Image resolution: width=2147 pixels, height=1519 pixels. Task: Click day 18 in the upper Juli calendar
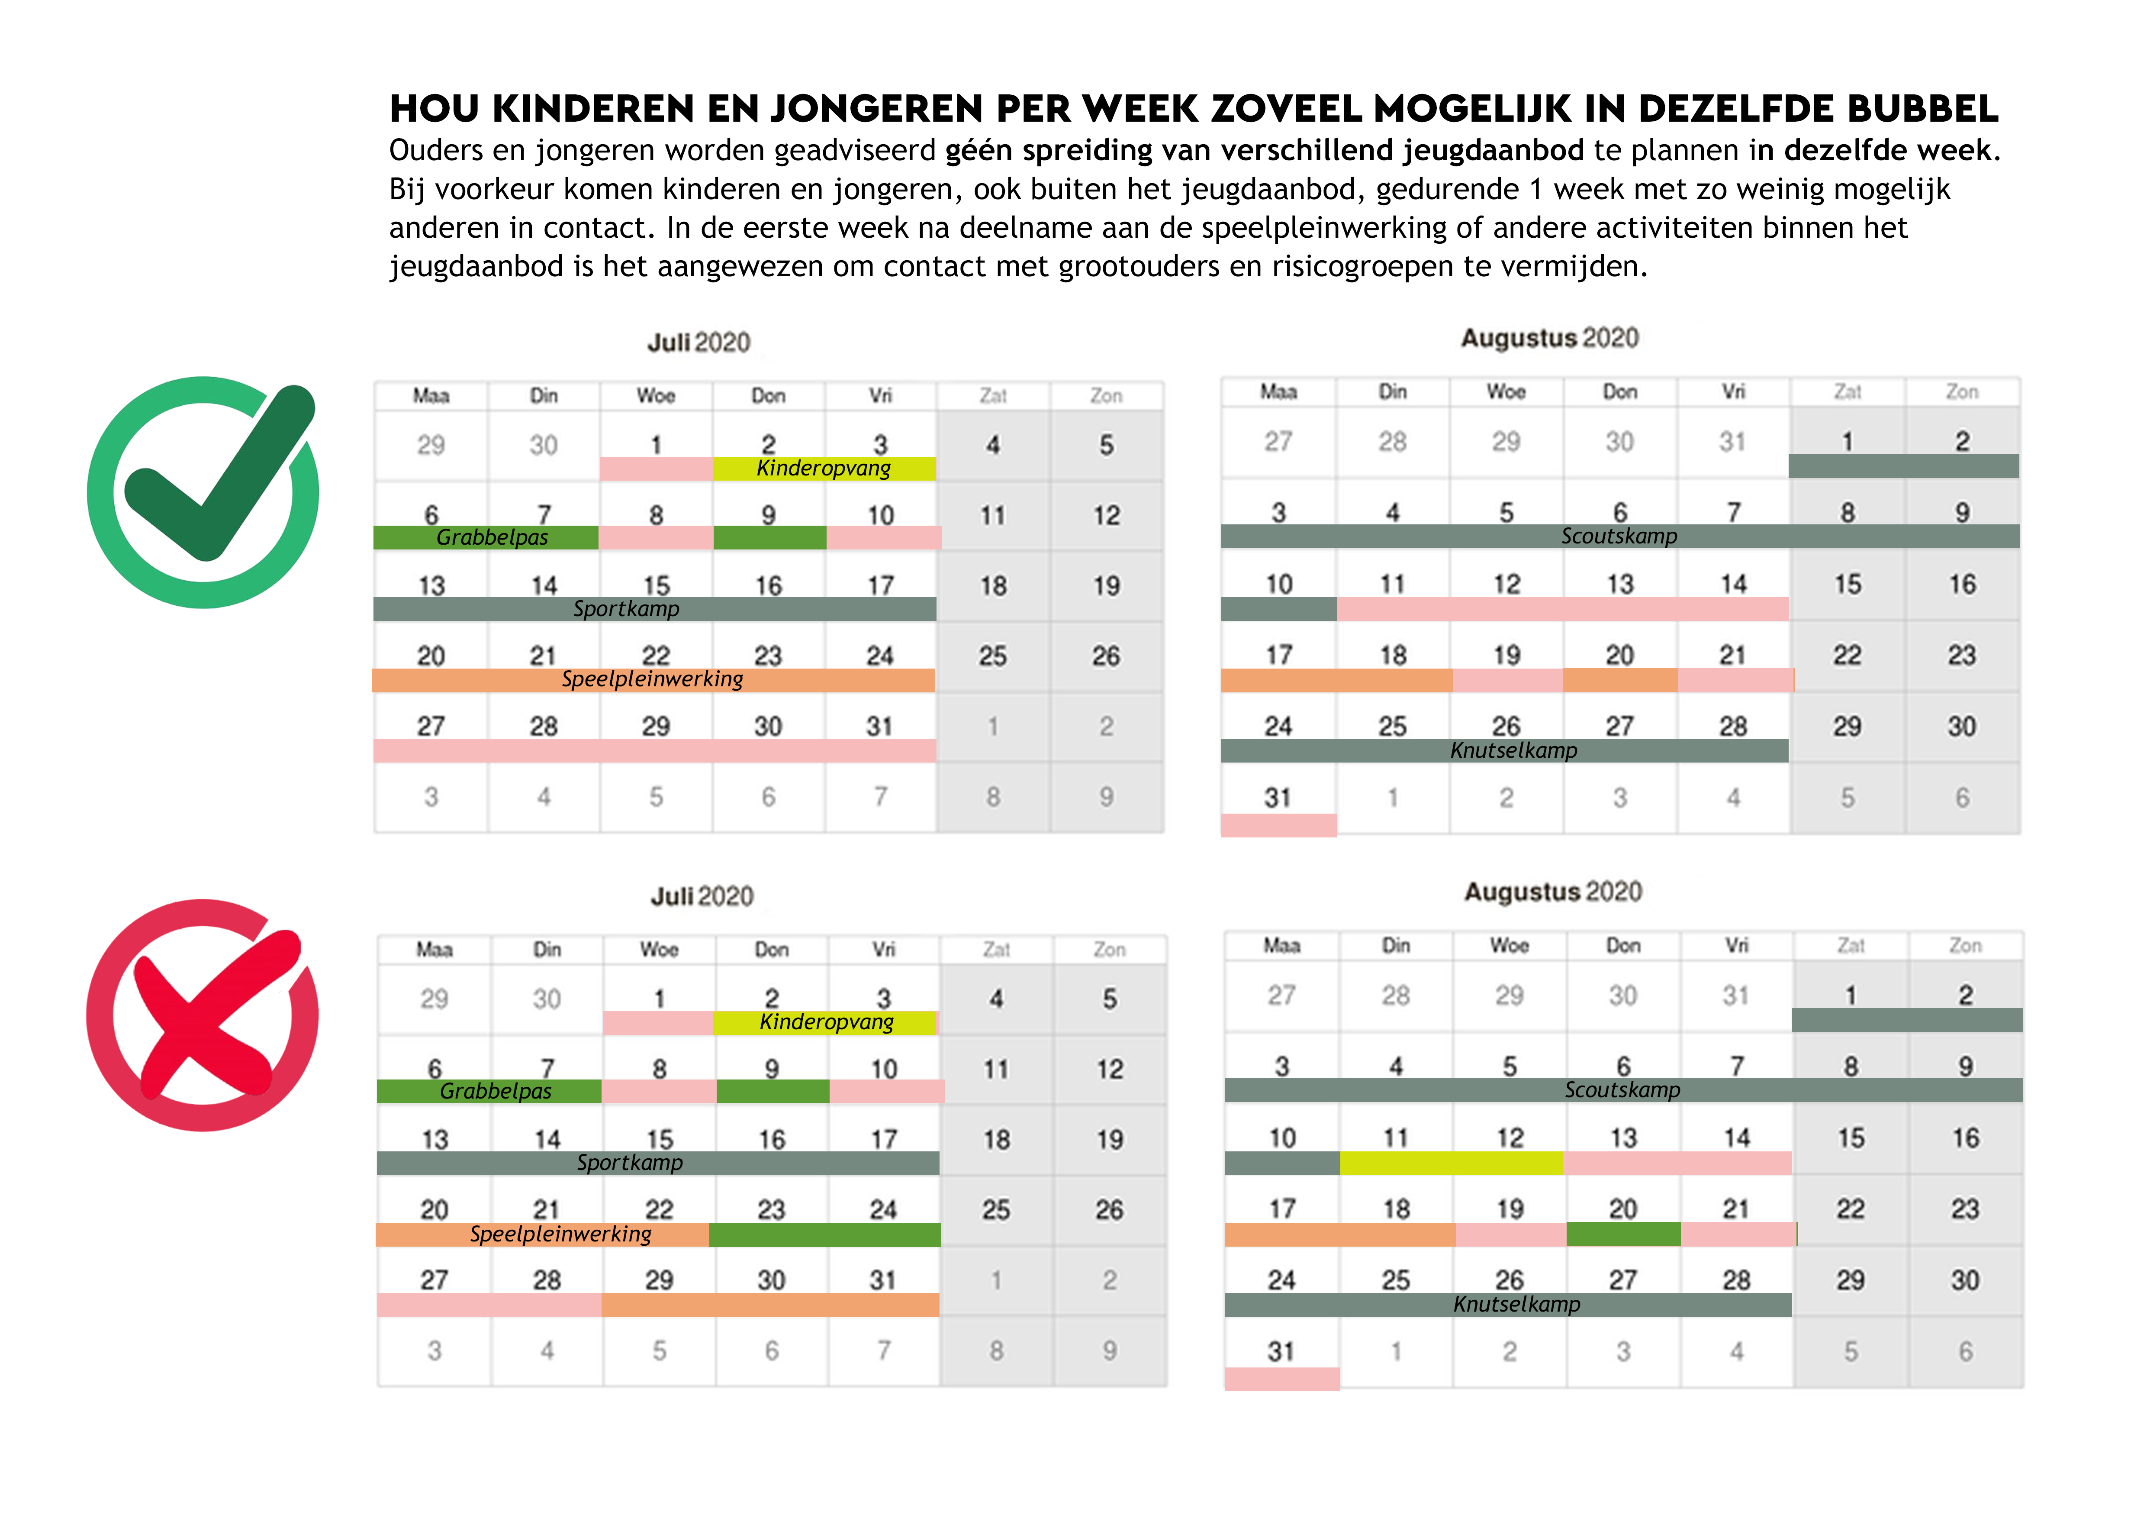tap(993, 586)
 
